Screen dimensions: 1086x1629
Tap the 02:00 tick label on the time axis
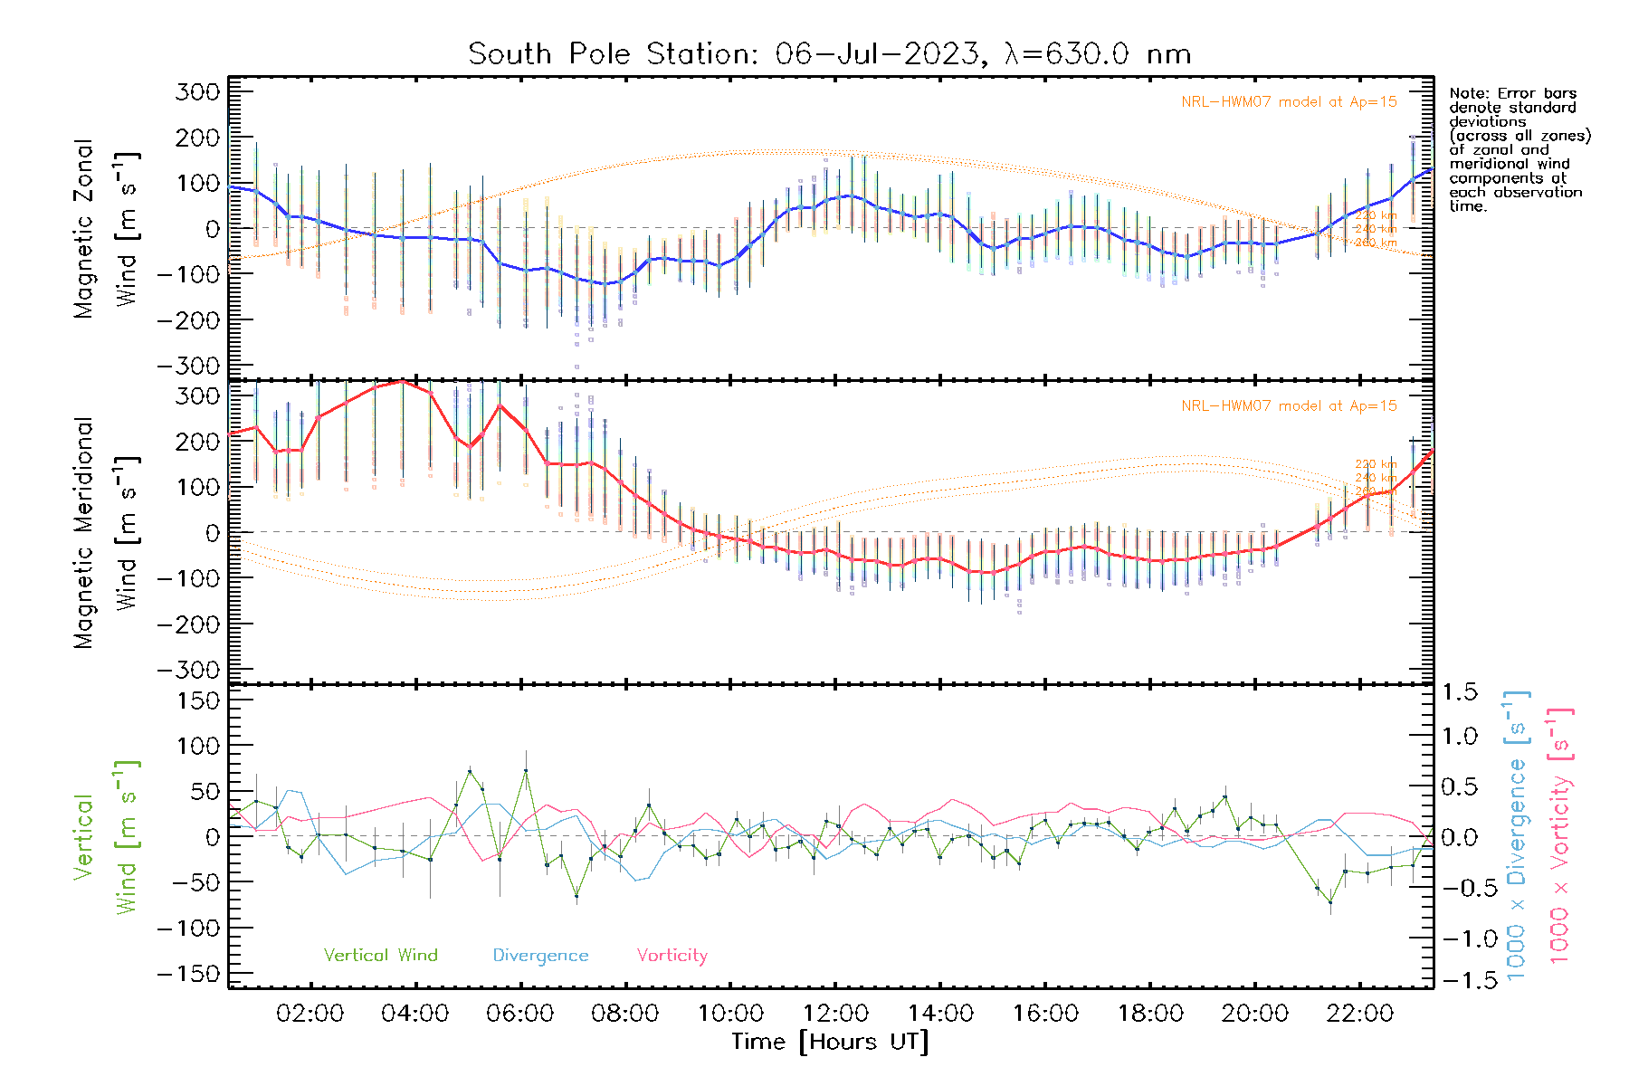310,1013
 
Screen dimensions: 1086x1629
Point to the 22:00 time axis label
1359,1013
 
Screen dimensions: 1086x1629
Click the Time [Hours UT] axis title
830,1042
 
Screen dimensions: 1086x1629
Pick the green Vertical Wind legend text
380,955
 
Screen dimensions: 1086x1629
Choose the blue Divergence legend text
540,955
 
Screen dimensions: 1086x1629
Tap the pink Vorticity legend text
672,955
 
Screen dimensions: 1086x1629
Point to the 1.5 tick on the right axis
1459,692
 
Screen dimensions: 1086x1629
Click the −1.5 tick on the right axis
1459,980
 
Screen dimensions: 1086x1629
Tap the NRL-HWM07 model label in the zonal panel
1289,102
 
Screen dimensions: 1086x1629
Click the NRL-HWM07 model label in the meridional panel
1289,406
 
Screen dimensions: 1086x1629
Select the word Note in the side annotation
1466,93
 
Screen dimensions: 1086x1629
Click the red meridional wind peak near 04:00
403,382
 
